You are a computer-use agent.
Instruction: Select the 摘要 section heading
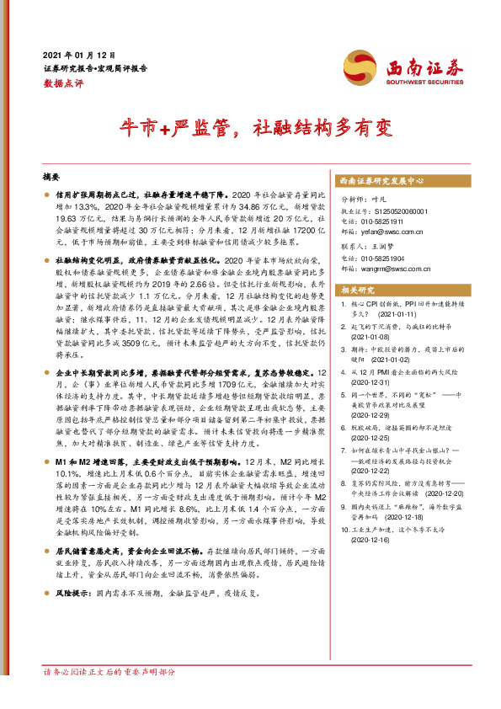coord(51,178)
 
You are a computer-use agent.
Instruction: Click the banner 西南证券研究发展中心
coord(381,181)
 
